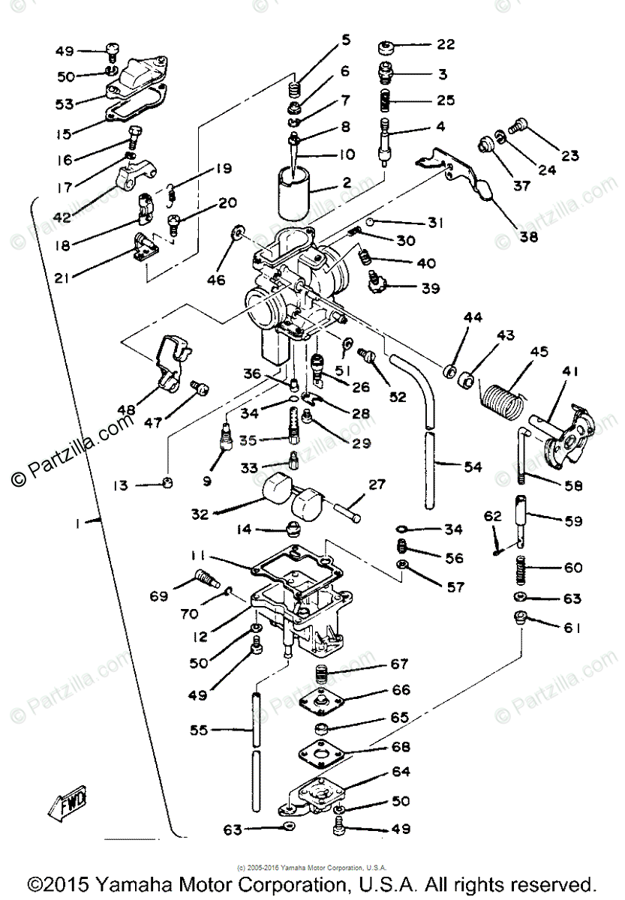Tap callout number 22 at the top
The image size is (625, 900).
(x=446, y=45)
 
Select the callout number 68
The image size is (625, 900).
(x=401, y=748)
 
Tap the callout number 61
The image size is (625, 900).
(x=572, y=628)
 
